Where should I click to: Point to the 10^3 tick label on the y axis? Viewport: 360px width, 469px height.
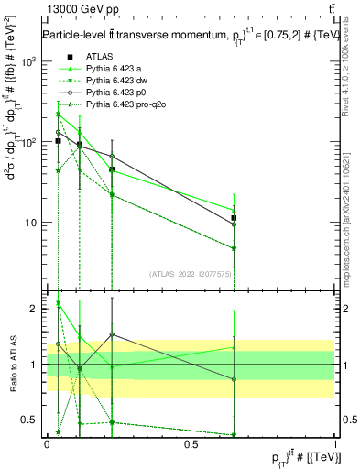click(29, 61)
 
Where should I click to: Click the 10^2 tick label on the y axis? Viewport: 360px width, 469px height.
click(29, 142)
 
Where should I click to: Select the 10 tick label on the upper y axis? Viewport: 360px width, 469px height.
click(31, 223)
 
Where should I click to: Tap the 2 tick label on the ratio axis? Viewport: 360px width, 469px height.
click(36, 309)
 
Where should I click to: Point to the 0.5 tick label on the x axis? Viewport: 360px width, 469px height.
click(191, 443)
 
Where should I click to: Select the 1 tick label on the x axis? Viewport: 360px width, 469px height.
click(335, 443)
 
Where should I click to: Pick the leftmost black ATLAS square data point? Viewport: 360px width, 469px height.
click(58, 141)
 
